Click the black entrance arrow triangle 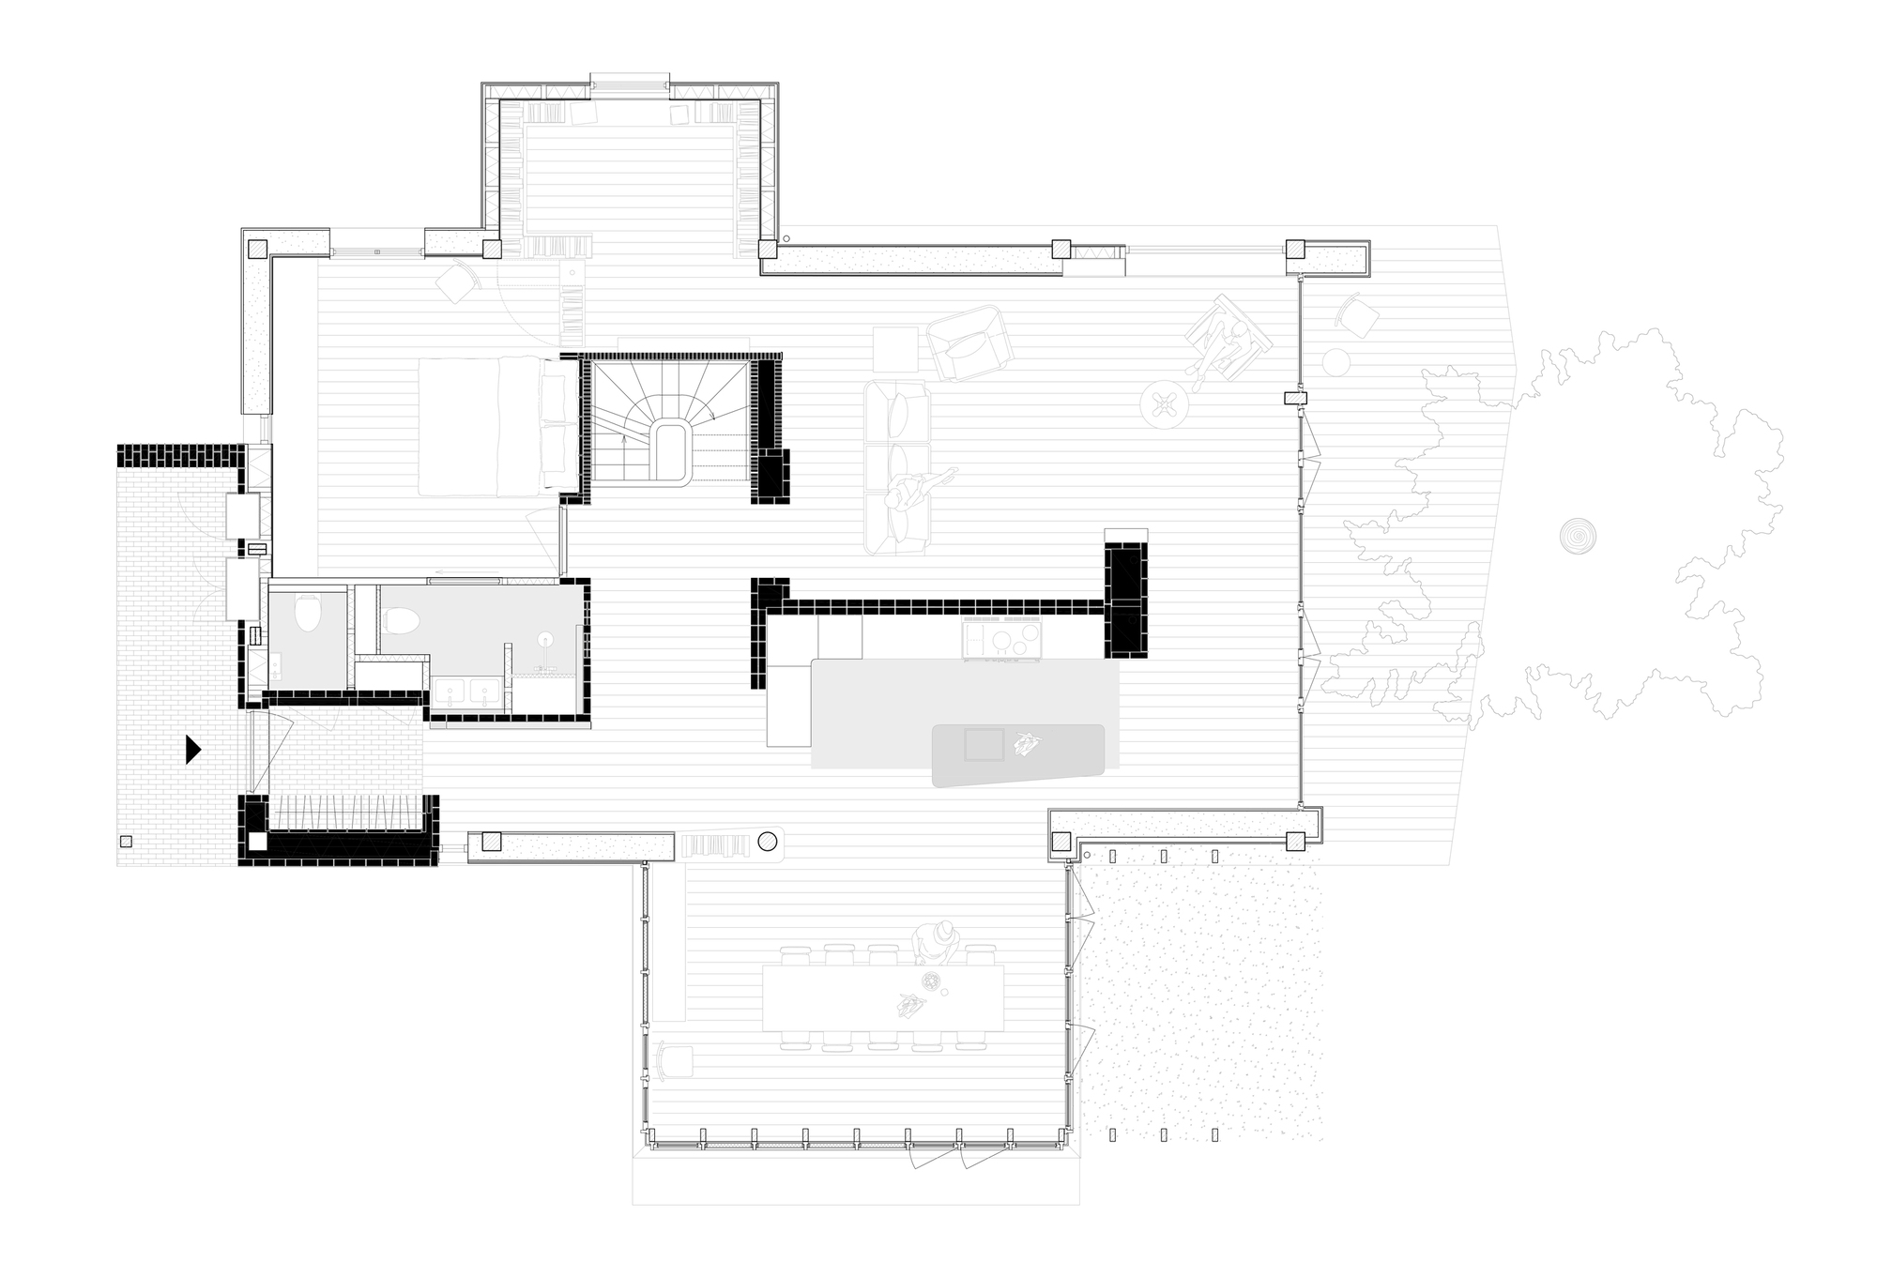192,749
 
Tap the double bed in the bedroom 497,426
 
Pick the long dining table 882,996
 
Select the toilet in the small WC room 307,616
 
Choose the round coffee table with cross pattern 1165,404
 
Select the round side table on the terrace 1335,361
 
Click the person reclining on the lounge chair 1225,342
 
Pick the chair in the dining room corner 675,1061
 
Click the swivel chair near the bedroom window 458,281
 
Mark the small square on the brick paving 126,841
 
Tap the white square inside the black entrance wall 257,842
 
